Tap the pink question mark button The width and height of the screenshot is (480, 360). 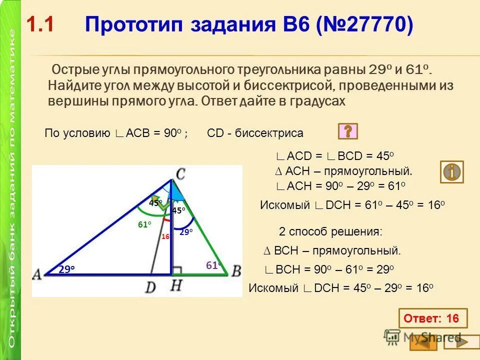[348, 131]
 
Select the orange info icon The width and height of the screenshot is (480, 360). [451, 171]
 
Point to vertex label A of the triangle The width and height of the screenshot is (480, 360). [36, 273]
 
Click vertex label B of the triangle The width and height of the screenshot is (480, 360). [236, 271]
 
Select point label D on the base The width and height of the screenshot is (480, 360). [150, 286]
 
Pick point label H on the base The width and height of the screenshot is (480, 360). [176, 286]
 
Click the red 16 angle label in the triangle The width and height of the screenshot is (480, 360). [165, 236]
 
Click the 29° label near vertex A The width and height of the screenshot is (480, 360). [66, 269]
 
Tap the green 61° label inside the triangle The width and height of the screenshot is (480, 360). [144, 225]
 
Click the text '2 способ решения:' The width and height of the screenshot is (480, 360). [330, 231]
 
